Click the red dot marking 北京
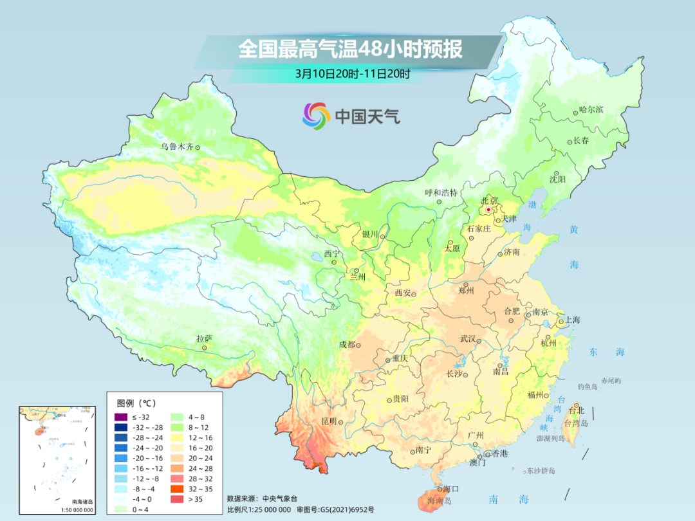pyautogui.click(x=488, y=210)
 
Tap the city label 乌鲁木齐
pyautogui.click(x=177, y=147)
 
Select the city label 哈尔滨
pyautogui.click(x=591, y=110)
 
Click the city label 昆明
pyautogui.click(x=329, y=421)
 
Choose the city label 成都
pyautogui.click(x=347, y=344)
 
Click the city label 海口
pyautogui.click(x=450, y=489)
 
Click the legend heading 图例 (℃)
pyautogui.click(x=136, y=403)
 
